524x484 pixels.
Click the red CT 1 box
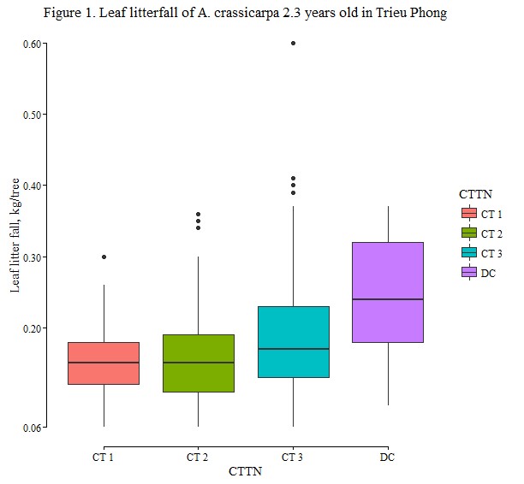104,363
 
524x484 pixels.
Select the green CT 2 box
199,363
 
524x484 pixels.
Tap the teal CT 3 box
294,341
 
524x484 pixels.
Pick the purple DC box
389,292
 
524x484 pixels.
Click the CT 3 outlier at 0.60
294,43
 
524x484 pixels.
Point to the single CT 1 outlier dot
104,257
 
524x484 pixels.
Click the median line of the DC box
389,299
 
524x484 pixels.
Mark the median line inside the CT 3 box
294,349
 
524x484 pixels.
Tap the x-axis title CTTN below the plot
246,471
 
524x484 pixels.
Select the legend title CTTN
474,194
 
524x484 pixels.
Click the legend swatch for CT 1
468,213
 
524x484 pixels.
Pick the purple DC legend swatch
468,272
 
